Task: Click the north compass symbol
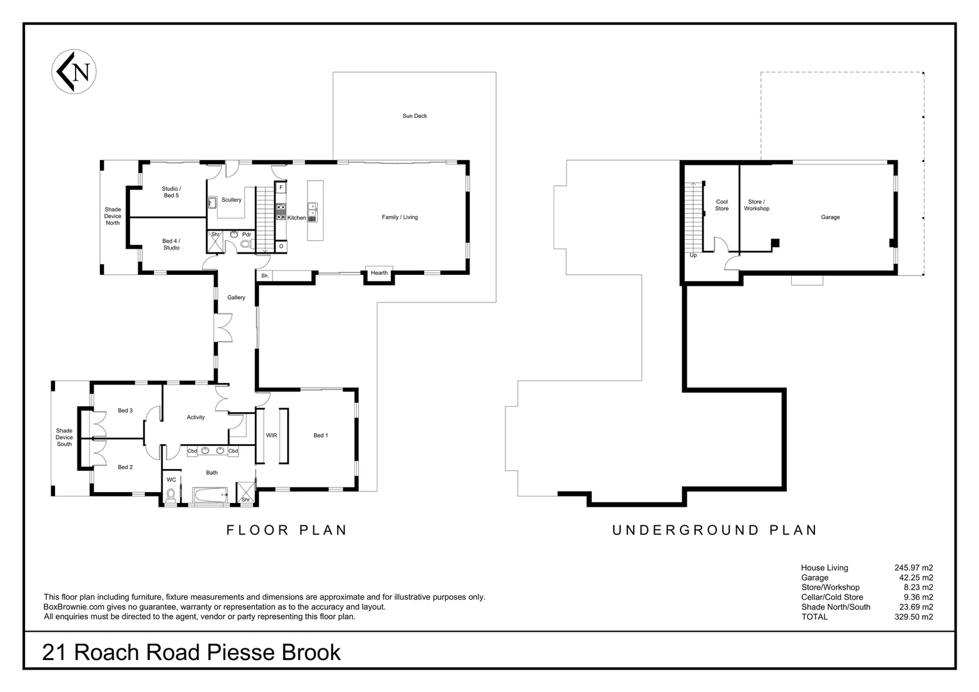click(x=74, y=72)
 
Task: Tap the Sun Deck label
click(x=415, y=116)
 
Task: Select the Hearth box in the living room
click(x=379, y=273)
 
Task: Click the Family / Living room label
click(x=400, y=217)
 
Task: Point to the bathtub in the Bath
click(x=210, y=495)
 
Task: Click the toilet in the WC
click(x=170, y=495)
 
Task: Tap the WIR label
click(x=272, y=436)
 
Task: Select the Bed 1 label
click(x=320, y=436)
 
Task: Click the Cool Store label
click(x=721, y=205)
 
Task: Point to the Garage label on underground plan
click(x=830, y=217)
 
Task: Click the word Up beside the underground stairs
click(x=693, y=255)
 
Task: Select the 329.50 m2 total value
click(x=914, y=617)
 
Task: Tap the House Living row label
click(x=824, y=568)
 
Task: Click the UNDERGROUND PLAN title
click(x=715, y=531)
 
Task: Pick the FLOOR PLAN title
click(x=286, y=531)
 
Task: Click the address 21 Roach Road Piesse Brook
click(x=191, y=652)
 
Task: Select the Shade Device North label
click(x=113, y=216)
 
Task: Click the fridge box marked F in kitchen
click(x=281, y=188)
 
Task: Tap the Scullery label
click(x=231, y=200)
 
